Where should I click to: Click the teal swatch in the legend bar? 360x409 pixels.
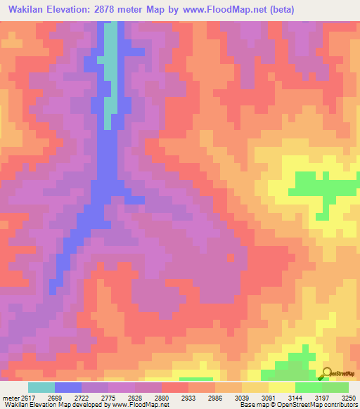click(41, 387)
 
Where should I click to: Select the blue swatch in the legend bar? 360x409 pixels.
click(68, 387)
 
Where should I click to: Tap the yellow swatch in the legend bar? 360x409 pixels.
click(282, 387)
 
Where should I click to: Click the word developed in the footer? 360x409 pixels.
click(76, 405)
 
